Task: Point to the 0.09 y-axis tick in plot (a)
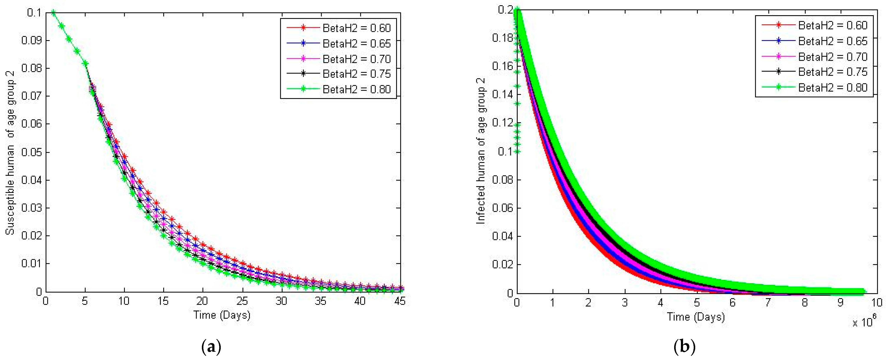pos(31,41)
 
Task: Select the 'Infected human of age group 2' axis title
pos(481,151)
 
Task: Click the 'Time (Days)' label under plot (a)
pos(222,315)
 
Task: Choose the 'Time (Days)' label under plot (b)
pos(696,317)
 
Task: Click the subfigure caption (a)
pos(211,347)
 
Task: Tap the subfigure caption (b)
pos(684,347)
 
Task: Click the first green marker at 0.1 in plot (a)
pos(53,13)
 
